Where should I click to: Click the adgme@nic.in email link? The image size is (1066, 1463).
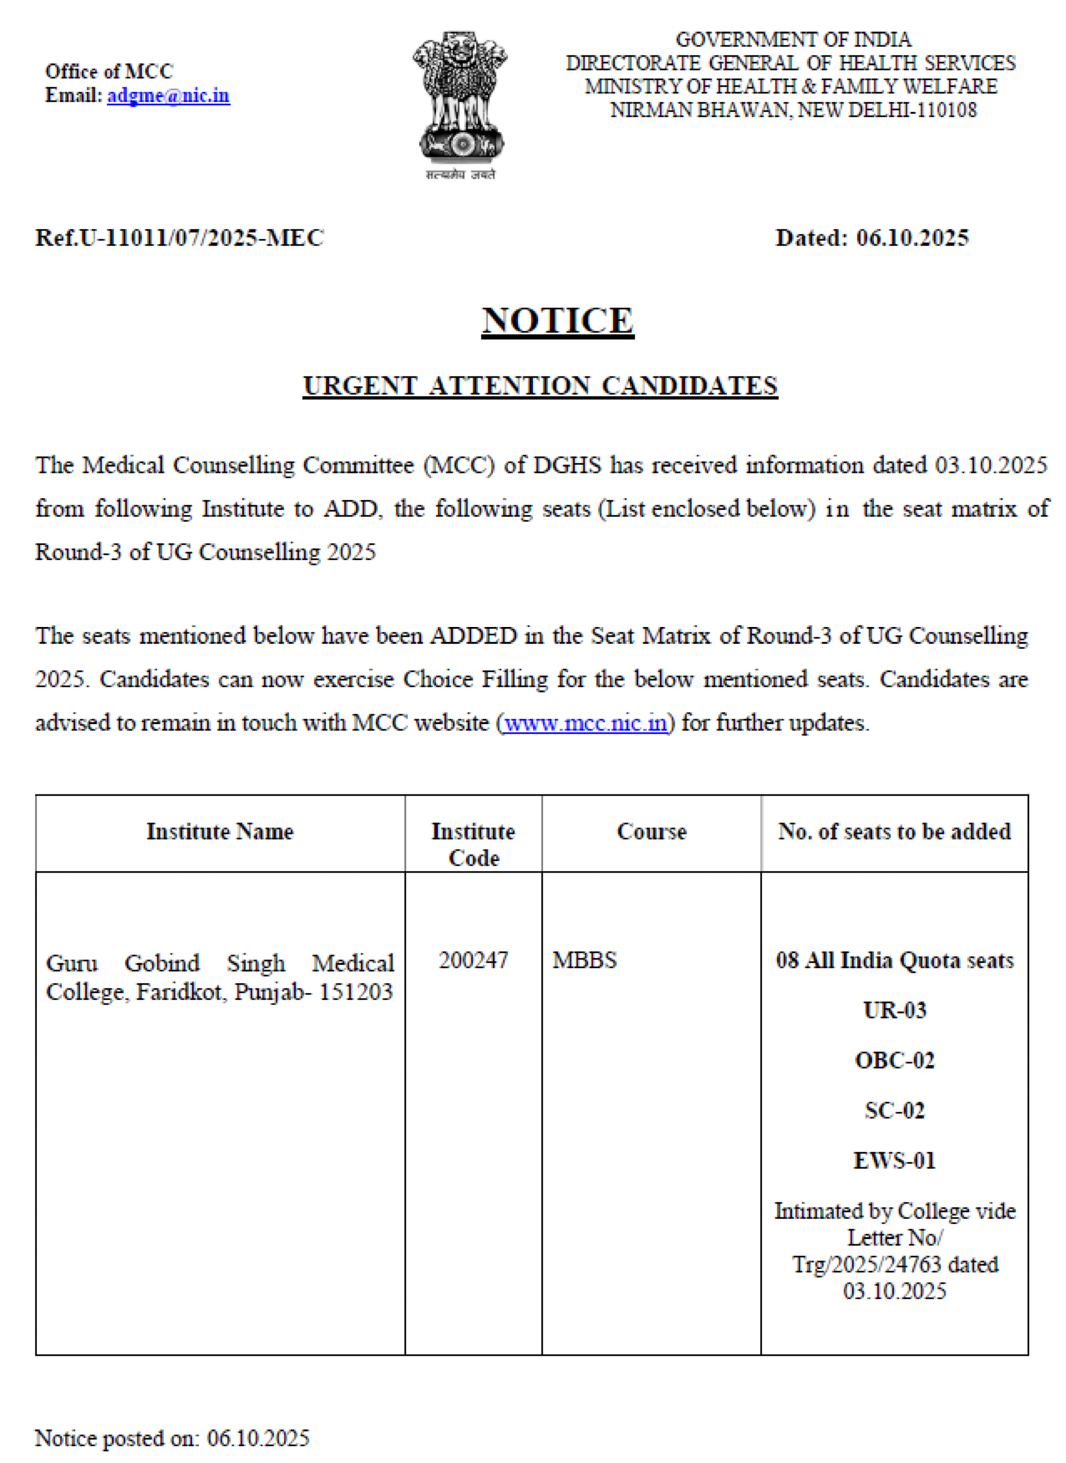pos(168,95)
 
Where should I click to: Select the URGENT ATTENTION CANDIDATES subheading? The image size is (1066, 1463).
pos(540,386)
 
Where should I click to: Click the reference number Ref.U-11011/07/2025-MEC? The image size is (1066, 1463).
pos(179,238)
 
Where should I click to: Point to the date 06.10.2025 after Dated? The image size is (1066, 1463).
pos(912,238)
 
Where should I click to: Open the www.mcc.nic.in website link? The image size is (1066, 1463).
pos(585,722)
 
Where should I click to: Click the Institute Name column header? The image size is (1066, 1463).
pos(220,832)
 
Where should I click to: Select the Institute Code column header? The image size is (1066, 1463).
pos(473,844)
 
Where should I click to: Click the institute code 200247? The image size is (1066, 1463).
pos(473,960)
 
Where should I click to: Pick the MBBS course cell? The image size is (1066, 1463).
pos(585,960)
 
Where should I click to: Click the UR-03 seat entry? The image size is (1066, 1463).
pos(894,1010)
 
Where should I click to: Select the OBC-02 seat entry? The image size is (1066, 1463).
pos(894,1060)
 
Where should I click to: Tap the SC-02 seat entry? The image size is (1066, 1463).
pos(894,1111)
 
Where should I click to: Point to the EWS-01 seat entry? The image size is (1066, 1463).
pos(894,1161)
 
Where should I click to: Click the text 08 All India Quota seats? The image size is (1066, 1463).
pos(894,960)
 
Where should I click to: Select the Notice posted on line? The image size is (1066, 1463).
pos(172,1438)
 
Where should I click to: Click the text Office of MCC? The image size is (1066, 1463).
pos(109,71)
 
